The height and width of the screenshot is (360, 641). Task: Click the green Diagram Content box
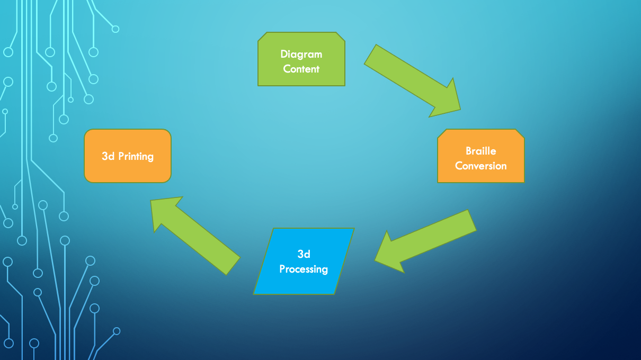pos(301,59)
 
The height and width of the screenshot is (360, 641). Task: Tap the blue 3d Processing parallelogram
pos(304,261)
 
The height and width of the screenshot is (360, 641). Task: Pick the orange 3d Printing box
pos(127,156)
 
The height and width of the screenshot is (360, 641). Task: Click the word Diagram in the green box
pos(301,54)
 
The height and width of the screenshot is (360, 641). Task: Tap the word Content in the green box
pos(301,69)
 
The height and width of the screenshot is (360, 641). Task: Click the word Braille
pos(480,151)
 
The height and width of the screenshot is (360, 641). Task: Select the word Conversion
pos(480,166)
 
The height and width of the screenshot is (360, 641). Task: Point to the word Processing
pos(304,269)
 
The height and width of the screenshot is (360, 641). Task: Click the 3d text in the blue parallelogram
pos(304,254)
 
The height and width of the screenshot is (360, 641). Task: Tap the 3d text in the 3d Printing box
pos(108,156)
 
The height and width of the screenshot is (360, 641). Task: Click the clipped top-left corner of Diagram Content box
pos(262,37)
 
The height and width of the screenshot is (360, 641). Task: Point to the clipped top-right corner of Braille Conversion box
pos(520,134)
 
